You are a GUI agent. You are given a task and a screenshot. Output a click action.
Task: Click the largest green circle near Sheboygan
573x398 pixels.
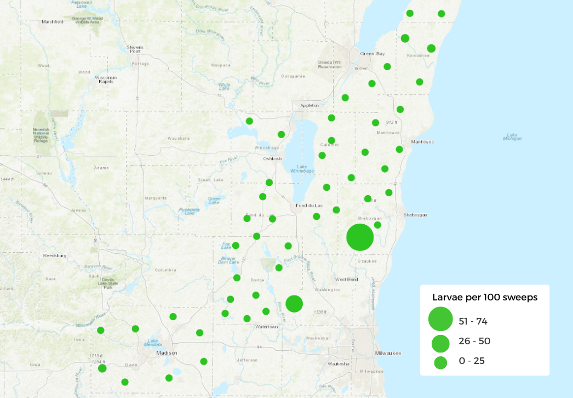tap(360, 237)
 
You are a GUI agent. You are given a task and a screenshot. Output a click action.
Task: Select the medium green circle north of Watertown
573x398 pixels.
tap(294, 303)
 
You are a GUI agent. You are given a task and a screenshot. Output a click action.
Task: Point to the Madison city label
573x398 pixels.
tap(167, 352)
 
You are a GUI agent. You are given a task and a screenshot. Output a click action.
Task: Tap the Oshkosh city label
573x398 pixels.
tap(272, 158)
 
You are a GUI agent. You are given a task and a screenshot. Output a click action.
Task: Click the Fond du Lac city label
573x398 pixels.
tap(309, 206)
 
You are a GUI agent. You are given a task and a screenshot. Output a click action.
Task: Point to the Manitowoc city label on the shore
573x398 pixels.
tap(422, 141)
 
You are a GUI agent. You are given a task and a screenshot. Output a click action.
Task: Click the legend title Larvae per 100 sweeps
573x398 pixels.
tap(485, 298)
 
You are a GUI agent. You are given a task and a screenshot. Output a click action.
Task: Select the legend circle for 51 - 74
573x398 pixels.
tap(440, 320)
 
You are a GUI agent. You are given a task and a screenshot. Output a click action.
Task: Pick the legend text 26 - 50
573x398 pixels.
tap(474, 341)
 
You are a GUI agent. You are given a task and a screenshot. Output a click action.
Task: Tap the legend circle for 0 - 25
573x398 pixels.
tap(440, 362)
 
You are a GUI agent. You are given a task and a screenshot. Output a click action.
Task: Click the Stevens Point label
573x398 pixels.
tap(135, 50)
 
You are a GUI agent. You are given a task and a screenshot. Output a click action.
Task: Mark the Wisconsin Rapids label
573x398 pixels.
tap(106, 79)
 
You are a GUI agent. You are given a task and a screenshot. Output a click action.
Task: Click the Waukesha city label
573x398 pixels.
tap(339, 364)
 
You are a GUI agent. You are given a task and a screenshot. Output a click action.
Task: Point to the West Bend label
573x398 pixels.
tap(346, 279)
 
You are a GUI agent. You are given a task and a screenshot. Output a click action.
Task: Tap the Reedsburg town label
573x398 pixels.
tap(55, 255)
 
